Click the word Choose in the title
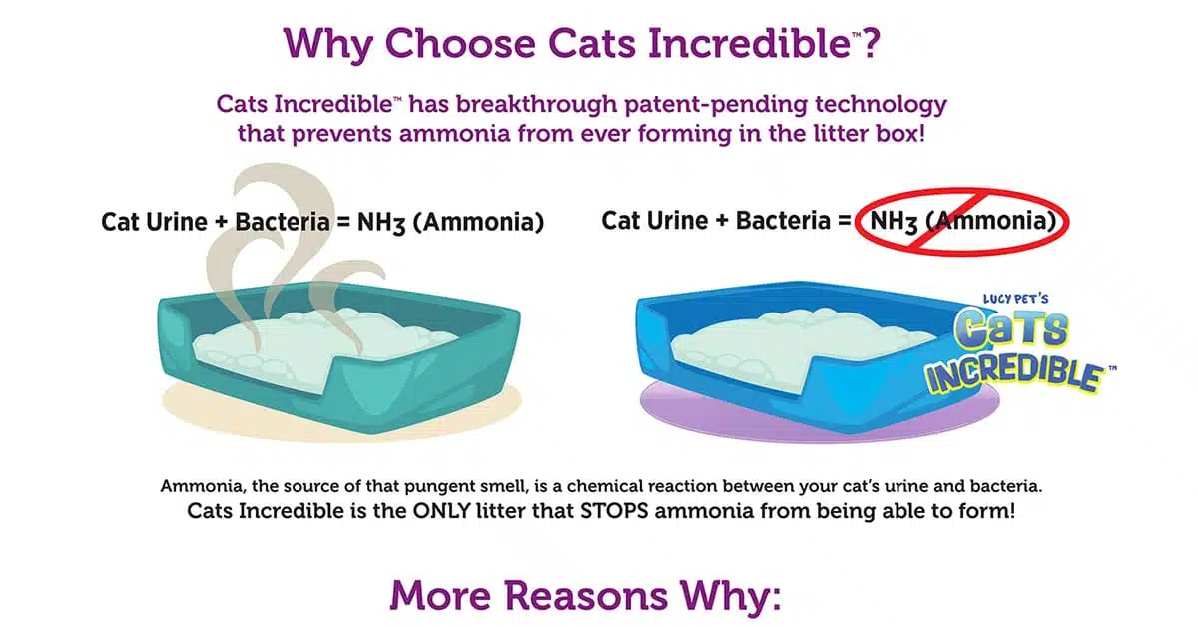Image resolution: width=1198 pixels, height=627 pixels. point(460,43)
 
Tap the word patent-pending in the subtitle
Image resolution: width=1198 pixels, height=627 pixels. point(716,105)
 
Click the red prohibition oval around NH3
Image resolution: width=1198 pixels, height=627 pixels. point(856,222)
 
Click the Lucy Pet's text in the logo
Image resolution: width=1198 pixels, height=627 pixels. point(1015,299)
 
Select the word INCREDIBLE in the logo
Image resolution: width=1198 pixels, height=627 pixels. point(1013,375)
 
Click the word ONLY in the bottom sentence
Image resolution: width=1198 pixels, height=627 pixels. point(440,511)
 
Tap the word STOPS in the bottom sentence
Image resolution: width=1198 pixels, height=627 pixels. point(614,511)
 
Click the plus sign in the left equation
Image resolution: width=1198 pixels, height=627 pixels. point(221,222)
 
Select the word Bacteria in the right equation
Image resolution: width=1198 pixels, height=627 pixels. point(783,221)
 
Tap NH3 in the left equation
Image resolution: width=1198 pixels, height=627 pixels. point(381,223)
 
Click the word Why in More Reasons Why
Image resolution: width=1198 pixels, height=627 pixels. point(730,595)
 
